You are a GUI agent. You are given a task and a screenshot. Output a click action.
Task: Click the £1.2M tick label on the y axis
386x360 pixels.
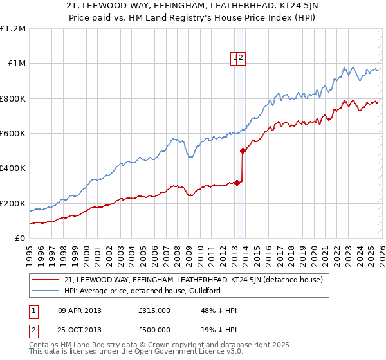point(13,29)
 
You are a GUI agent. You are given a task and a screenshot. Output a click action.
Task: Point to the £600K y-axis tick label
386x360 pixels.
point(13,134)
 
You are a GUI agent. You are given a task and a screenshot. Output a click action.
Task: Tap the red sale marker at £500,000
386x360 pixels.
point(243,151)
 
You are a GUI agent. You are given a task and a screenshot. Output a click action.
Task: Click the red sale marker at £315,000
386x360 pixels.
point(237,183)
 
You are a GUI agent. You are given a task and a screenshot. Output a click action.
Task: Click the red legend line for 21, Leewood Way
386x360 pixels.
point(46,280)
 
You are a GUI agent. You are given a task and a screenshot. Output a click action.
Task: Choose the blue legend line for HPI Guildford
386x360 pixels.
point(46,291)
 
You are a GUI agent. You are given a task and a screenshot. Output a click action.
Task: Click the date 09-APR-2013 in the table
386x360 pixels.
point(80,310)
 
